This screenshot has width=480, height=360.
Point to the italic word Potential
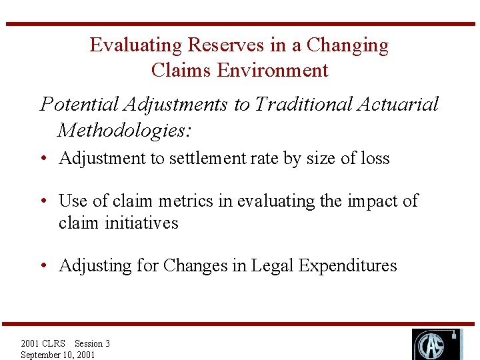pos(79,104)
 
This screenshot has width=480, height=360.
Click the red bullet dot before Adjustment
pos(43,159)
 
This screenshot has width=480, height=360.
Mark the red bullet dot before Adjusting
pos(43,266)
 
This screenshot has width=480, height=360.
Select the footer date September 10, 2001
pos(58,355)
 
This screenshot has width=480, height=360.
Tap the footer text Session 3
pos(92,343)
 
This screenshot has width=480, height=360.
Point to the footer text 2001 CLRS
pos(43,343)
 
